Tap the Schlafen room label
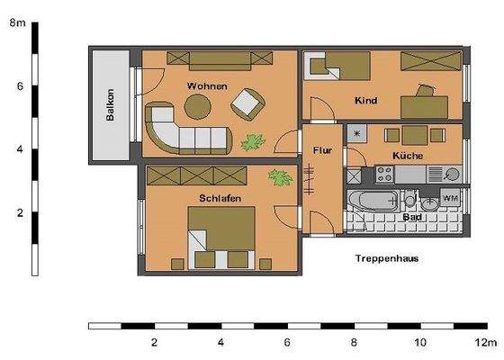click(x=219, y=197)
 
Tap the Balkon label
click(x=110, y=104)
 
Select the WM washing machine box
click(x=450, y=198)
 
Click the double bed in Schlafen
click(x=219, y=237)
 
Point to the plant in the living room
click(x=251, y=140)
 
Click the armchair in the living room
click(x=247, y=106)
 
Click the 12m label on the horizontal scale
click(x=486, y=343)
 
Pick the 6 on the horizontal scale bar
click(x=287, y=343)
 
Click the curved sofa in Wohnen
click(x=180, y=133)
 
